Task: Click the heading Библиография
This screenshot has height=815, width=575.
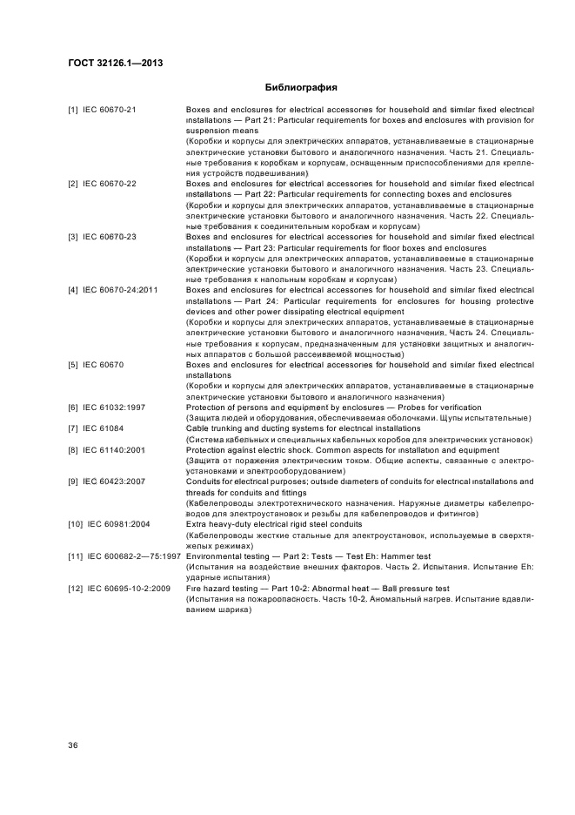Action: point(300,88)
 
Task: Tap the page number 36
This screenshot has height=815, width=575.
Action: point(74,743)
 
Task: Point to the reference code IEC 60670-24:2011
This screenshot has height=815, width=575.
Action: point(122,289)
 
